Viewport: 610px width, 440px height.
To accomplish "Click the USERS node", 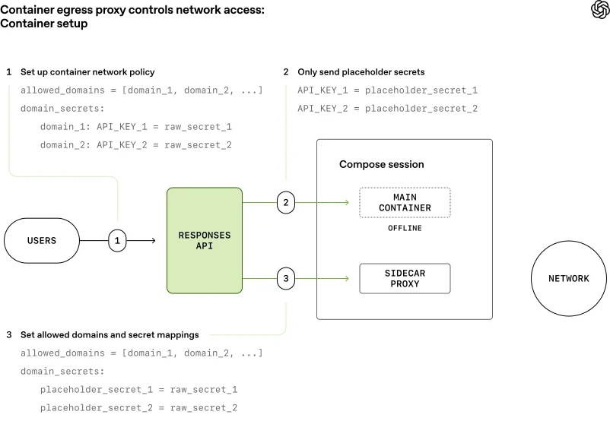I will point(42,241).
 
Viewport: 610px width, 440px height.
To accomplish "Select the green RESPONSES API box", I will point(205,240).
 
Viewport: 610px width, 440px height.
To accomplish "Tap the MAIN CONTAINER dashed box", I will point(406,203).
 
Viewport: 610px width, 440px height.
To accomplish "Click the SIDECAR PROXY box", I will point(405,279).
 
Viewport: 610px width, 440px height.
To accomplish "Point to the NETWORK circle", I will point(568,279).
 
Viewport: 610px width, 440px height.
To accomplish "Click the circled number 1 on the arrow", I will point(117,241).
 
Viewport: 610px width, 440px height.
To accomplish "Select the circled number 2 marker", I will point(285,203).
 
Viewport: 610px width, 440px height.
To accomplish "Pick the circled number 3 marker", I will point(285,279).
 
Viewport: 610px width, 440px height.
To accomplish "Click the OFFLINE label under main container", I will point(405,228).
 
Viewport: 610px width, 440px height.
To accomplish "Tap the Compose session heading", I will point(381,164).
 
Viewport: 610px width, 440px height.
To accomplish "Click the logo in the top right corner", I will point(599,10).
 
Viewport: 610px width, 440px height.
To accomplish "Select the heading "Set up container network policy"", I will point(87,72).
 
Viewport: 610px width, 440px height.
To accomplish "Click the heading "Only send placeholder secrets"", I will point(361,72).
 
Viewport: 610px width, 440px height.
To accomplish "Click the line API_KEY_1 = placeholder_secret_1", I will point(387,90).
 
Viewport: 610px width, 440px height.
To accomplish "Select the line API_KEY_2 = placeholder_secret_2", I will point(387,109).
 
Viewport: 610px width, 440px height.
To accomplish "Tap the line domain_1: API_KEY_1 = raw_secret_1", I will point(136,127).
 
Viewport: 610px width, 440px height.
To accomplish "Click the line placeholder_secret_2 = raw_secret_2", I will point(139,408).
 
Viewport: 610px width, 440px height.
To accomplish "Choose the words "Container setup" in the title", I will point(44,24).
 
